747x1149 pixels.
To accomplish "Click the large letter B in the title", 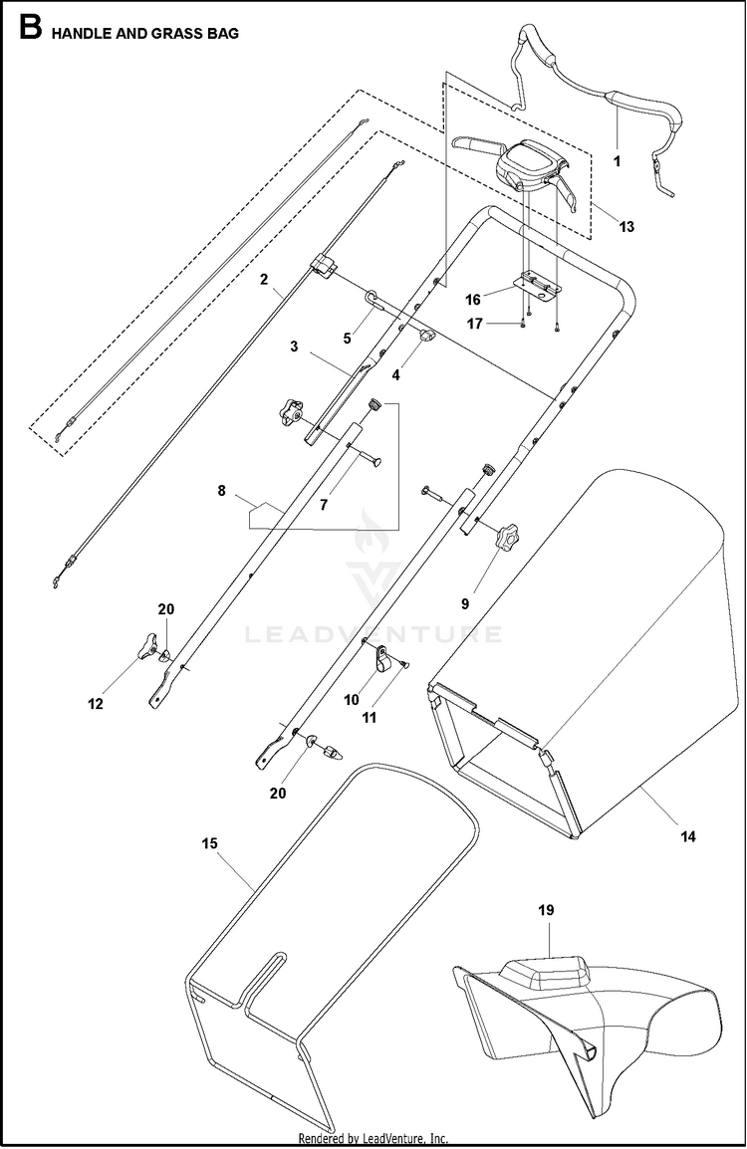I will click(x=30, y=29).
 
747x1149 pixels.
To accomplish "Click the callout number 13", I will click(x=625, y=227).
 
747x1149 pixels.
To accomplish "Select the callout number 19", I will click(x=546, y=910).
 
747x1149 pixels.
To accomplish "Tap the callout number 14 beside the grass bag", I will click(x=688, y=836).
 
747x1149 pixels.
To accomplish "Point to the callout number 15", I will click(x=208, y=843).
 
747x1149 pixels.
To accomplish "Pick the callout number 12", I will click(x=95, y=703).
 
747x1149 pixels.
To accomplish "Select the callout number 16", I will click(x=473, y=298).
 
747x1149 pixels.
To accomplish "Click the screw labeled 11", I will click(x=404, y=665).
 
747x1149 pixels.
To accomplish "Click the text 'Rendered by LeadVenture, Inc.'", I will click(x=373, y=1139).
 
